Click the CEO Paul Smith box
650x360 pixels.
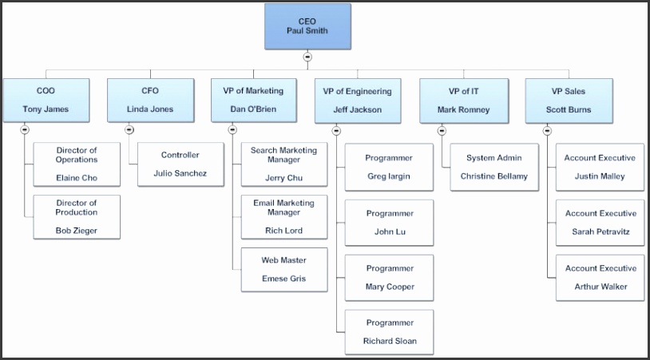[x=307, y=26]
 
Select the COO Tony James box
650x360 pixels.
[x=46, y=100]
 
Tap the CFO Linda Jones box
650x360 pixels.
[x=150, y=100]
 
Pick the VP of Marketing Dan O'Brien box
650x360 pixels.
[x=253, y=100]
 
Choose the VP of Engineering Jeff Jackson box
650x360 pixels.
[x=358, y=101]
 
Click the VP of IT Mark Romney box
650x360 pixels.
[x=463, y=100]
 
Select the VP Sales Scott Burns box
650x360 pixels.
[x=569, y=100]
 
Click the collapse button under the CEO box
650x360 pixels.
[x=307, y=57]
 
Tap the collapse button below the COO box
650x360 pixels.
[x=25, y=129]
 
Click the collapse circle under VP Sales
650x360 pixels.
[x=547, y=130]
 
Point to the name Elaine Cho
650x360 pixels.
[x=77, y=178]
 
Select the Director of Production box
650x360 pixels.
[x=77, y=217]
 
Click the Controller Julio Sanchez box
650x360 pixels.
[x=180, y=164]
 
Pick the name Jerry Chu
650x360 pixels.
[x=283, y=178]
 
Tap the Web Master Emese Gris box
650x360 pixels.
[x=283, y=269]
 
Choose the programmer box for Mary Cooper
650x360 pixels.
[x=389, y=277]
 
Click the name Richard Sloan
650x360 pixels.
[x=390, y=341]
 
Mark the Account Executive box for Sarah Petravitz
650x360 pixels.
[x=600, y=222]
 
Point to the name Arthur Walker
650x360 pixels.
[x=600, y=287]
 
